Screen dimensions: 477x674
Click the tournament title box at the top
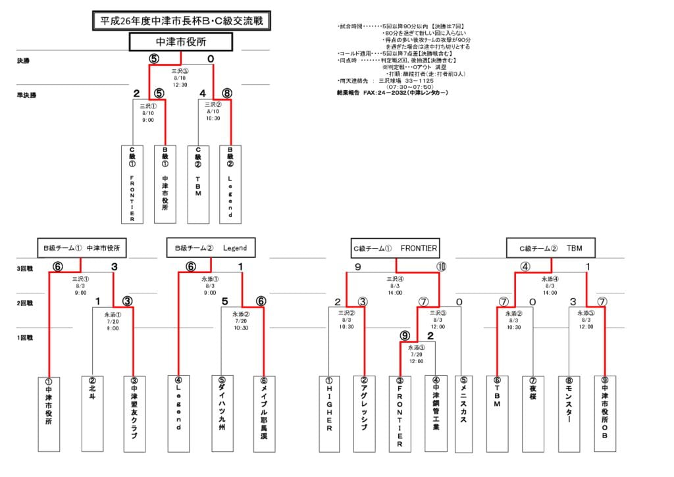[181, 21]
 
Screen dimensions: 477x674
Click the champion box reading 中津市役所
[181, 42]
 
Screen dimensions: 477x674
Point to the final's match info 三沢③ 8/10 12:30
[180, 77]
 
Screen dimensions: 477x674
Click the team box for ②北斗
[92, 413]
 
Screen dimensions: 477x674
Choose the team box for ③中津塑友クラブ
[134, 413]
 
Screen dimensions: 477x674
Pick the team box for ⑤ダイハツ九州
[222, 413]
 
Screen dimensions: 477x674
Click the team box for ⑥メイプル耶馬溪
[264, 413]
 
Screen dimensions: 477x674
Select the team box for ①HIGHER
[329, 413]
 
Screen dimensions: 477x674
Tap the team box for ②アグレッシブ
[364, 413]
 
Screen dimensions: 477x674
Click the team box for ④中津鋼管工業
[436, 413]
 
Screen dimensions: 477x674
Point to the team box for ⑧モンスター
[569, 413]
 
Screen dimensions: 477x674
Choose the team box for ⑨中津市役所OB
[604, 413]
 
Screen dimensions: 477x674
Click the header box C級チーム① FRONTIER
[394, 248]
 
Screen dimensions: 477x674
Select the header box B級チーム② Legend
[211, 248]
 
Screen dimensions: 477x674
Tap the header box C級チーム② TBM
[550, 248]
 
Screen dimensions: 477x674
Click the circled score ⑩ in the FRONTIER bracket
[440, 267]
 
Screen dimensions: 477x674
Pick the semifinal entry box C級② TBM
[198, 184]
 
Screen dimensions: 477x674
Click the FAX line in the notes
[392, 93]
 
